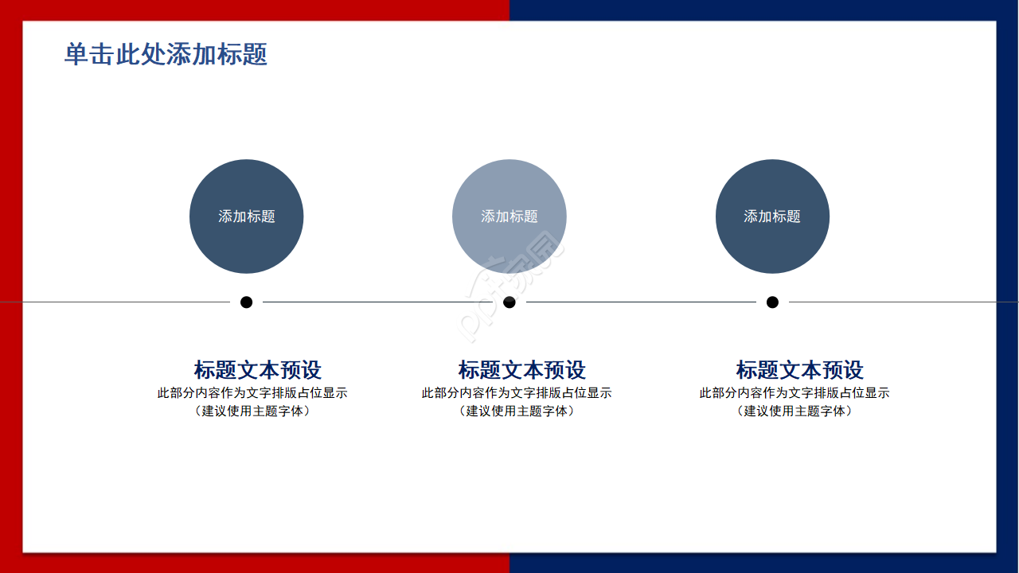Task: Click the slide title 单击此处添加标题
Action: (166, 54)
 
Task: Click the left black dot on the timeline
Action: (246, 302)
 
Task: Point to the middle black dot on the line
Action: (509, 302)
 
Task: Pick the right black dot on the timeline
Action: (772, 302)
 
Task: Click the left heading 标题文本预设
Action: (257, 370)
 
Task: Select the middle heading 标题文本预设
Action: (521, 370)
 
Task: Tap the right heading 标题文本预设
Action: (799, 370)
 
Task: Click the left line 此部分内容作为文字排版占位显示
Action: (252, 393)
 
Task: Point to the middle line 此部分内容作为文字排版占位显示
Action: (517, 393)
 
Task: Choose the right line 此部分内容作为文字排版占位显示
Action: (795, 393)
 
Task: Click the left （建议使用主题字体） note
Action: (252, 411)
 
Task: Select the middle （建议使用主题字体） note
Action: (517, 411)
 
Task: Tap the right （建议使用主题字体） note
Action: (795, 411)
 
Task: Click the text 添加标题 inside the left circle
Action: (247, 216)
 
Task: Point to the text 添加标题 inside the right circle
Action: (772, 216)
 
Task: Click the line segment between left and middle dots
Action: (374, 302)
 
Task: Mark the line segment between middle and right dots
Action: (641, 302)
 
